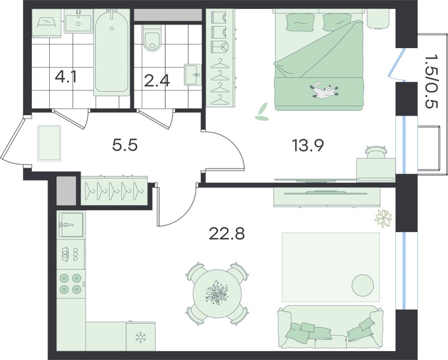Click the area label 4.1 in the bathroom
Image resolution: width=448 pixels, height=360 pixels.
pos(66,77)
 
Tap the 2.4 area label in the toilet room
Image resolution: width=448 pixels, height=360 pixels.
pos(157,81)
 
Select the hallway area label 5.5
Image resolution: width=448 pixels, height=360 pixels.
pos(125,145)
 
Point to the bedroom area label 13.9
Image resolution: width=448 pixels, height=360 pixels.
pos(307,146)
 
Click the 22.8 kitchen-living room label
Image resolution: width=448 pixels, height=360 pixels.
pos(227,234)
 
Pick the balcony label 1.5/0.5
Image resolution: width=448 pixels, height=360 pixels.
pos(431,86)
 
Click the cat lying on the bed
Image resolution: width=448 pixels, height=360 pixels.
pos(325,90)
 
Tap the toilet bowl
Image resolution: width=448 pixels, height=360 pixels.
pos(152,40)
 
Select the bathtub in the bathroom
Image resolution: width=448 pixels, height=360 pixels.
pos(111,52)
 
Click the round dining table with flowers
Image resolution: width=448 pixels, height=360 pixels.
pos(217,293)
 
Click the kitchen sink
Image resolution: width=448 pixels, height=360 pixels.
pos(71,225)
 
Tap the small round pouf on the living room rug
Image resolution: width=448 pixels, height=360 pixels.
pos(363,285)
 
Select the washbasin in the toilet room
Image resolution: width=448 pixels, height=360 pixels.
pos(193,74)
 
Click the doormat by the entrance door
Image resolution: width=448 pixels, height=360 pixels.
pos(49,143)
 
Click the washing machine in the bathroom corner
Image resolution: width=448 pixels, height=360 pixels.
pos(46,24)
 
